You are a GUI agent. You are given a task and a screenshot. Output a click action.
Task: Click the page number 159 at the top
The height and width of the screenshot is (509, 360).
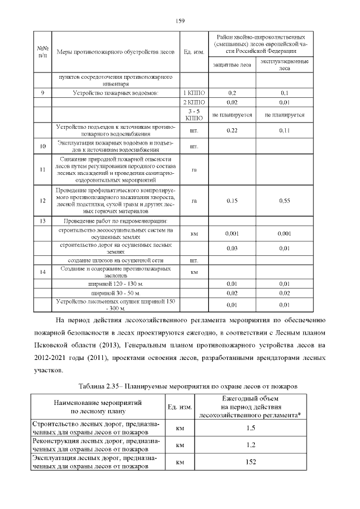coord(180,21)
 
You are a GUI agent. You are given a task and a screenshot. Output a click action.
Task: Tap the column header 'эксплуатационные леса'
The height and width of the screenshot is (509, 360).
coord(284,65)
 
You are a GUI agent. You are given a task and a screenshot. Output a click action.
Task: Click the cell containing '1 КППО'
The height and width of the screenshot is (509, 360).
coord(193,93)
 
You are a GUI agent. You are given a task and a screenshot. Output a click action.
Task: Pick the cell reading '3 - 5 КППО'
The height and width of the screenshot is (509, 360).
coord(193,115)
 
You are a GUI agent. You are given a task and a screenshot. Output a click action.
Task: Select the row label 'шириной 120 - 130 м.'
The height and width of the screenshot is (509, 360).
coord(116,283)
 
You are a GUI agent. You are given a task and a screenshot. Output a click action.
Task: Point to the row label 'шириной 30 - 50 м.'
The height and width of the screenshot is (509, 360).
coord(116,293)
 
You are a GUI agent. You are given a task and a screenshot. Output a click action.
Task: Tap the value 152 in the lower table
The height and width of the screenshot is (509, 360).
coord(250,462)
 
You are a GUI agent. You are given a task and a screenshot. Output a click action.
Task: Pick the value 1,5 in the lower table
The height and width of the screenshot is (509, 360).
coord(250,428)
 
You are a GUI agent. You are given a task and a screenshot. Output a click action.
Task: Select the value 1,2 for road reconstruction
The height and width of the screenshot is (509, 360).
coord(250,445)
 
